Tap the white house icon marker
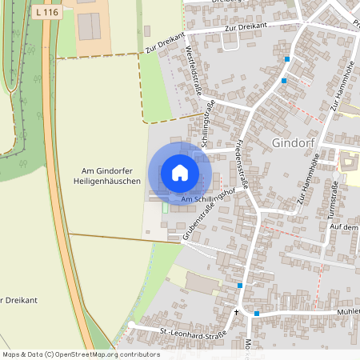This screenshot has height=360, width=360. (x=180, y=173)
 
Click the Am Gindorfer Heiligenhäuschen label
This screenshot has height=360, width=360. (x=111, y=176)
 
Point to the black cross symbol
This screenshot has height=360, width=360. (x=236, y=311)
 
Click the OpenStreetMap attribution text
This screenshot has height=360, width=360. (x=80, y=354)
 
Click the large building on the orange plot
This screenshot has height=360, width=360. (x=90, y=26)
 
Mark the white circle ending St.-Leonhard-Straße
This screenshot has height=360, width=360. (x=131, y=324)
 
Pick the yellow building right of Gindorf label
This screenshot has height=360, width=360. (x=349, y=162)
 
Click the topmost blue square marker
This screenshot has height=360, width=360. (x=286, y=59)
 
